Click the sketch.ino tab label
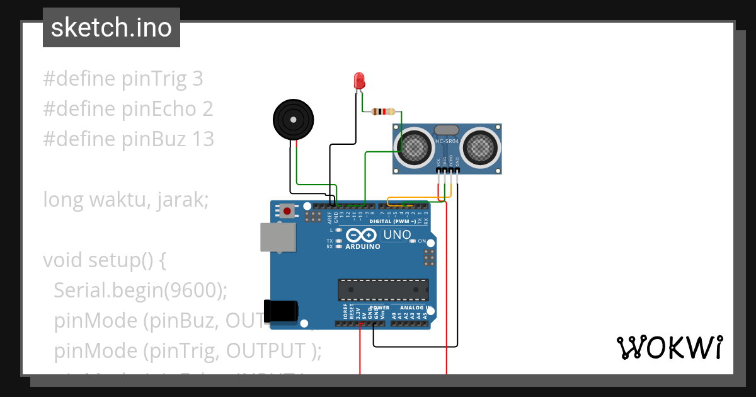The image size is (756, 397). click(112, 28)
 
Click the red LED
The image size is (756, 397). click(359, 81)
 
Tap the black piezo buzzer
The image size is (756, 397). click(292, 119)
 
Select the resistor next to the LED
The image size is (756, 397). click(383, 112)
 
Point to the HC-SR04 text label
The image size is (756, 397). click(447, 141)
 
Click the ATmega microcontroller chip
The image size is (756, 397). click(383, 290)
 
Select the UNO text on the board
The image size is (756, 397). click(396, 235)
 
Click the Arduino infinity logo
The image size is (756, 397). click(362, 236)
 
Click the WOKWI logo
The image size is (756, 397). click(669, 347)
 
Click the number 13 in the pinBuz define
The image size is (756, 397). click(201, 139)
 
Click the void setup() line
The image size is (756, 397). click(104, 260)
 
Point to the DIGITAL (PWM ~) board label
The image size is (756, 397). click(392, 222)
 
